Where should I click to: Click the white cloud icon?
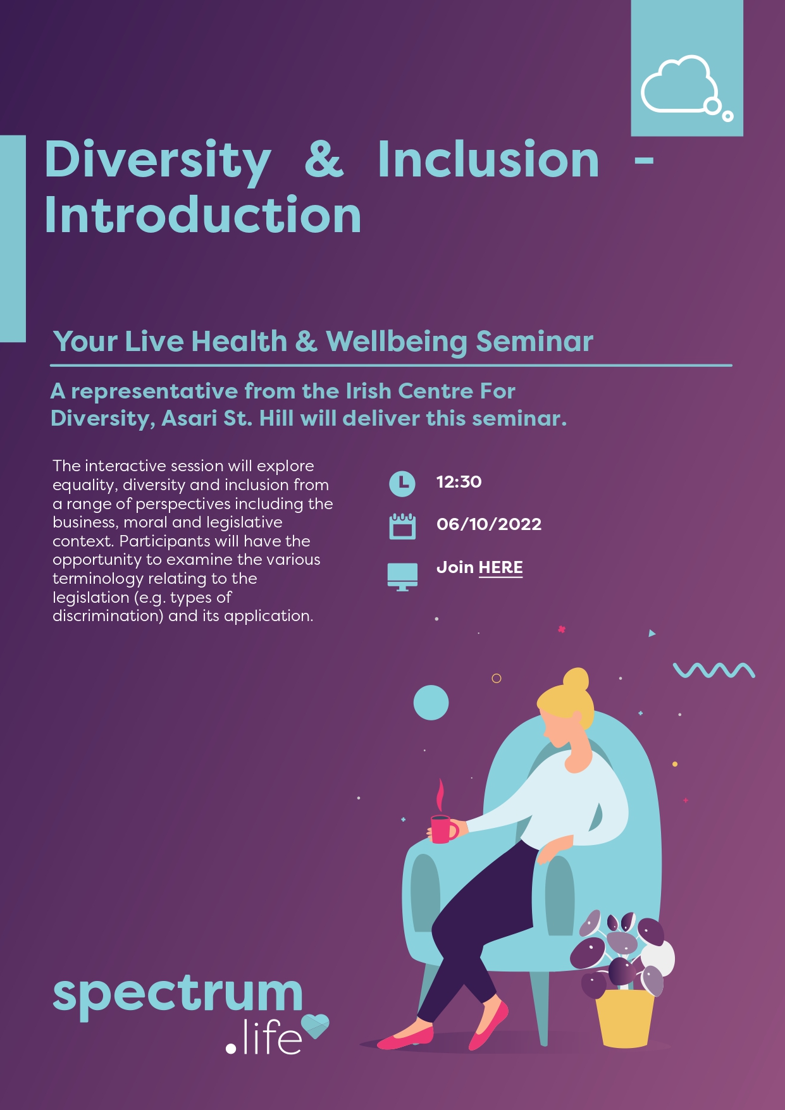point(680,85)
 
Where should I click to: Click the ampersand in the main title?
point(324,159)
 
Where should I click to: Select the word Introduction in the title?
point(202,215)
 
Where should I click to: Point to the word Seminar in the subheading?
point(535,342)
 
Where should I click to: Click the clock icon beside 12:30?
point(402,483)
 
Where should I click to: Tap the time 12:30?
point(459,482)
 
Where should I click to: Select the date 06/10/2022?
point(489,524)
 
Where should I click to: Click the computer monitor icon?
point(402,576)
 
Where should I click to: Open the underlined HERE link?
point(500,568)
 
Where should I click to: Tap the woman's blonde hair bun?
point(576,681)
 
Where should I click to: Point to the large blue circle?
point(431,703)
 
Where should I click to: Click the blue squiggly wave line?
point(714,670)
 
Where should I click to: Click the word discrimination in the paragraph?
point(108,616)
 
